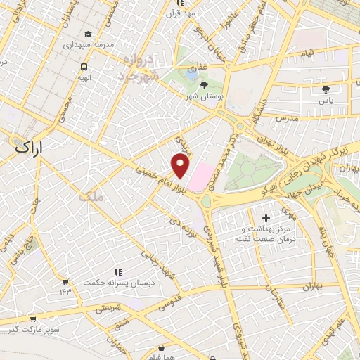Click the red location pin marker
[181, 166]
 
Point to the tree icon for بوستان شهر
[203, 85]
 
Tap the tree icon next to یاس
[325, 89]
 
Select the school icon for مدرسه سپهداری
[88, 34]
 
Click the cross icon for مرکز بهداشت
[264, 219]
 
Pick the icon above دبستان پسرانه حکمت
[118, 271]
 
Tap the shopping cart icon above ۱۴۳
[65, 281]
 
